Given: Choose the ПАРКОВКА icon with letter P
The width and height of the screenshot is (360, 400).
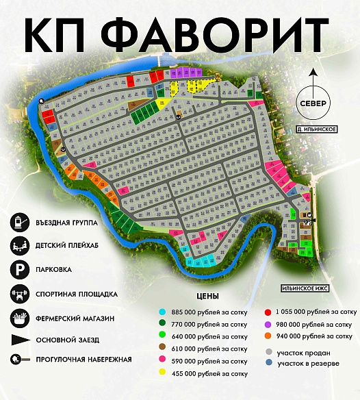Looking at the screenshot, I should click(18, 269).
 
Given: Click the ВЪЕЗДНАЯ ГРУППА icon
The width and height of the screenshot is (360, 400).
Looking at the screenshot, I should click(18, 222).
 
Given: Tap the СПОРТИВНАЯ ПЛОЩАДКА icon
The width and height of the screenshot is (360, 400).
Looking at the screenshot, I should click(18, 294).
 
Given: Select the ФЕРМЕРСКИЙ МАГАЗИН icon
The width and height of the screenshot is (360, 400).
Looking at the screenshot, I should click(18, 318).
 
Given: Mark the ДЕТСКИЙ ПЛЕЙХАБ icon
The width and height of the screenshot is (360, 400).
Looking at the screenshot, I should click(18, 245).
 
